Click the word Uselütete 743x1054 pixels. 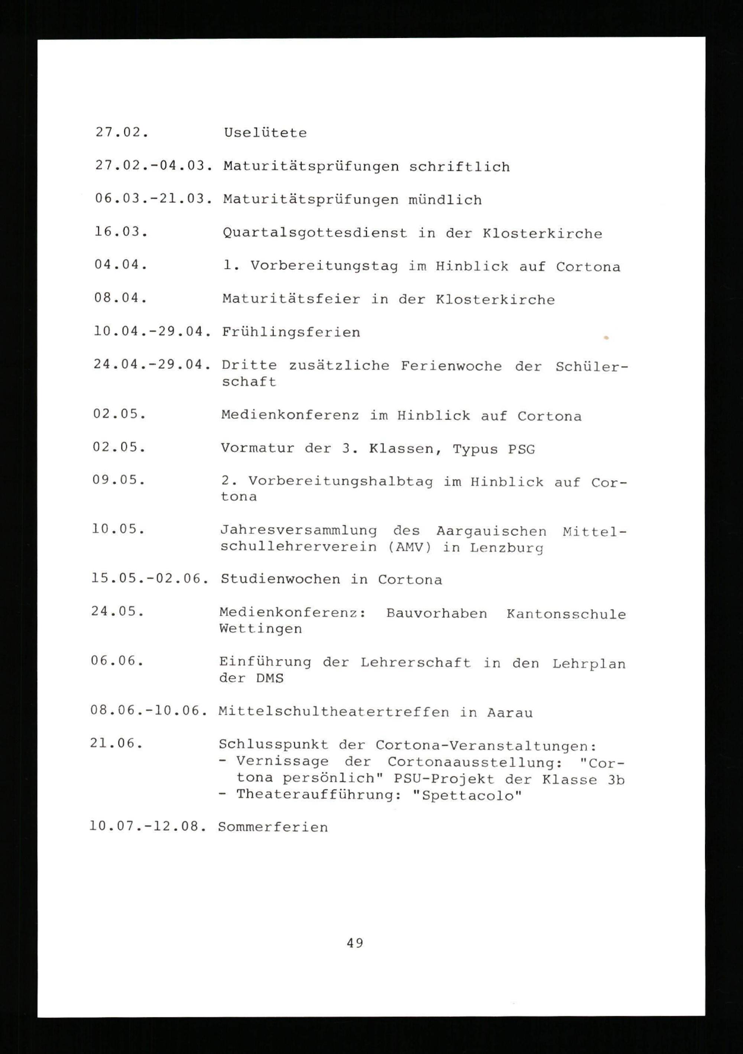[x=265, y=133]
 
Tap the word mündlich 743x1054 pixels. [x=445, y=200]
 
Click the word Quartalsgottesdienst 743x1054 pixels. [x=315, y=233]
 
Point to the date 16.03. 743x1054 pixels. [x=121, y=232]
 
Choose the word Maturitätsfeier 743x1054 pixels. [x=291, y=299]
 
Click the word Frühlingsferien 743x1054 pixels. [x=291, y=333]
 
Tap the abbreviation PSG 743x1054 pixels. [x=521, y=450]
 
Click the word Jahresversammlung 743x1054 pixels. [x=298, y=531]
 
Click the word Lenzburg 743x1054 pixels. [x=507, y=548]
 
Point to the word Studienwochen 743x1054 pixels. [x=280, y=580]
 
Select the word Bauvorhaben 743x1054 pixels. [x=437, y=614]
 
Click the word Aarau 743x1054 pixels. [x=509, y=713]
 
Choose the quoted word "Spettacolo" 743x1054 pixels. [x=467, y=795]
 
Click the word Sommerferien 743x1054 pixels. [x=273, y=827]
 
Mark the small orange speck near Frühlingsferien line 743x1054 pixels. [x=606, y=338]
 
